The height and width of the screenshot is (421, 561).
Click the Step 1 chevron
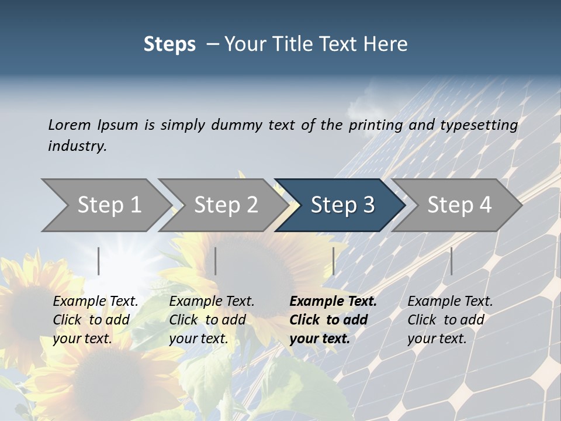tap(105, 205)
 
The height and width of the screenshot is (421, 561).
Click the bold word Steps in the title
tap(169, 44)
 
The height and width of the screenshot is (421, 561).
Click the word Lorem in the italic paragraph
tap(69, 125)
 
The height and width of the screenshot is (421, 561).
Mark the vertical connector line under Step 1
tap(99, 261)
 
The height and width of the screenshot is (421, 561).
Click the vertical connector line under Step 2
tap(216, 261)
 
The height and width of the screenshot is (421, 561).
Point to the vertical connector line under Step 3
tap(333, 261)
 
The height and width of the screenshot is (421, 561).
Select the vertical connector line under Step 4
tap(451, 261)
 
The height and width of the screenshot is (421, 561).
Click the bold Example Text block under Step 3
tap(332, 320)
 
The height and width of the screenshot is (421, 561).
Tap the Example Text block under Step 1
tap(95, 320)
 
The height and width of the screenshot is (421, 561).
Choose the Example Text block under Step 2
tap(211, 320)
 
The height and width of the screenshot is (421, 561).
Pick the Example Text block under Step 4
tap(449, 320)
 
